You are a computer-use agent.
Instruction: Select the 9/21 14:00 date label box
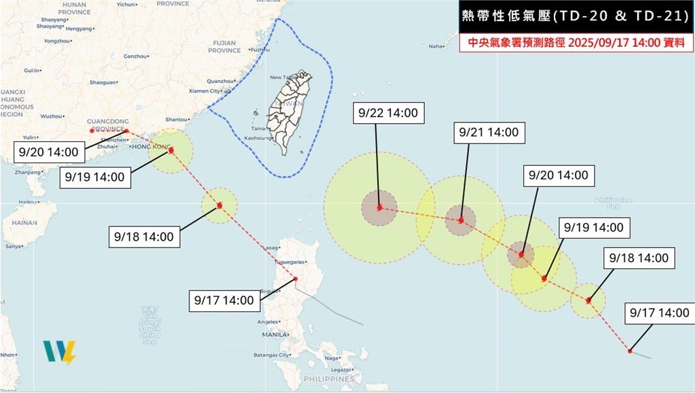(x=488, y=133)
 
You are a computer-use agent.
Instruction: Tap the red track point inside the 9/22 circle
(x=380, y=207)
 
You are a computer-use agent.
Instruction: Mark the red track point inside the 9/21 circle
(x=461, y=220)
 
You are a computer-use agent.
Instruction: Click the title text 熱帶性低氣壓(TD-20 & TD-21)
(x=574, y=16)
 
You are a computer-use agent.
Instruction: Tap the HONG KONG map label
(x=151, y=146)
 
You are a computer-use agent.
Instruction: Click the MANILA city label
(x=276, y=335)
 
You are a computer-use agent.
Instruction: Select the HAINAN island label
(x=24, y=222)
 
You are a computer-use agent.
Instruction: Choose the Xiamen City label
(x=204, y=90)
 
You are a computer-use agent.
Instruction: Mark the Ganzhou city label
(x=136, y=56)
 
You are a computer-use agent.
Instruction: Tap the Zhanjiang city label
(x=27, y=172)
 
